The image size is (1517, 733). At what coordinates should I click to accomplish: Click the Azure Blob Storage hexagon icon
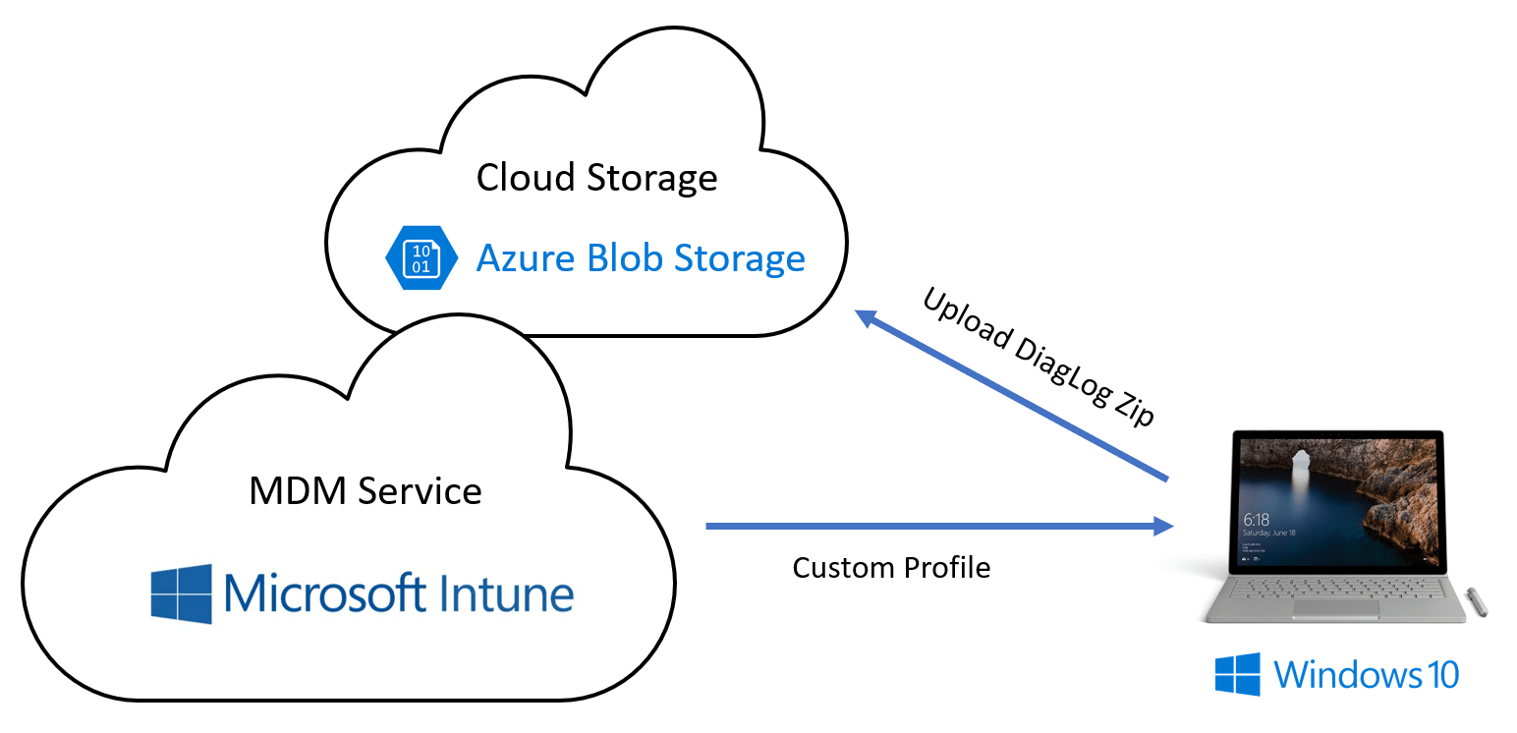point(421,257)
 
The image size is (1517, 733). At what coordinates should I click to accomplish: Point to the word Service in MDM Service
point(420,490)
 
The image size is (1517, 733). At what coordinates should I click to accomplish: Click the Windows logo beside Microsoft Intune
point(181,593)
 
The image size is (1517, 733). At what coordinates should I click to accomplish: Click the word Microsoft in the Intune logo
point(324,593)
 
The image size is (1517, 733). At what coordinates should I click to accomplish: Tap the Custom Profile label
point(891,567)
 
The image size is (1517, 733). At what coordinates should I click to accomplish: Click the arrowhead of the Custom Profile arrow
point(1165,527)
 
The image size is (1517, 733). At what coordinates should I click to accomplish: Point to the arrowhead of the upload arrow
point(865,316)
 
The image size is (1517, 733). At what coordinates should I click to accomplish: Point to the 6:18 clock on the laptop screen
point(1257,518)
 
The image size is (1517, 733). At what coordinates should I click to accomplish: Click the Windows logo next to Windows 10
point(1237,675)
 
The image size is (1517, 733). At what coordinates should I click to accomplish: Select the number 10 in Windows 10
point(1439,675)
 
